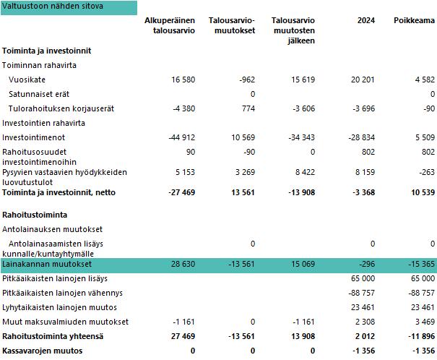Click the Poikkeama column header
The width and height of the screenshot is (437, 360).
coord(414,20)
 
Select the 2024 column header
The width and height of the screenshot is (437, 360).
coord(366,20)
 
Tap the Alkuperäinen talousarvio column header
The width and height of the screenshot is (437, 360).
coord(170,25)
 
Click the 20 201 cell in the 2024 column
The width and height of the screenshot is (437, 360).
coord(363,80)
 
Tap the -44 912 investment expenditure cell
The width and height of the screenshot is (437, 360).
coord(181,137)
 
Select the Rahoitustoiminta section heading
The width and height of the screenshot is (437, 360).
coord(35,215)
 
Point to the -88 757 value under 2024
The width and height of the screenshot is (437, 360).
coord(361,293)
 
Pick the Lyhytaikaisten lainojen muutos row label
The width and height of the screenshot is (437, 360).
coord(56,307)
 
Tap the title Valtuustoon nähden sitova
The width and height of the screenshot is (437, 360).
coord(53,7)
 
